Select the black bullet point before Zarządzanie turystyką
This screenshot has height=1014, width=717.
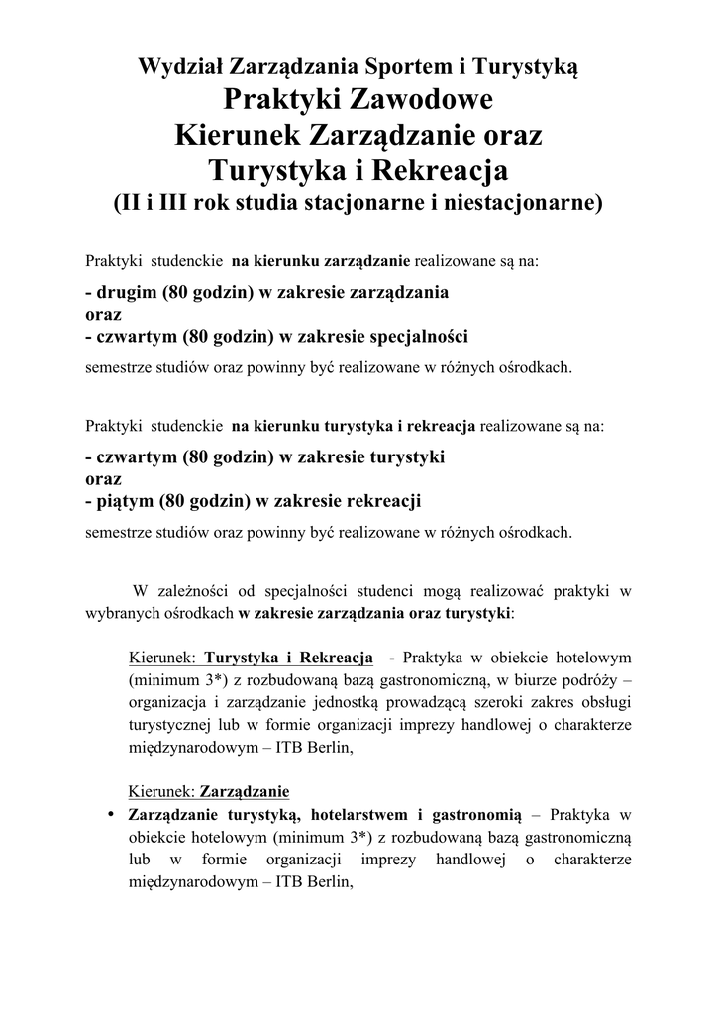click(111, 815)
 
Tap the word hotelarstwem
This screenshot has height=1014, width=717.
click(359, 816)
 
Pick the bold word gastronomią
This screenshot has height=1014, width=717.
click(472, 816)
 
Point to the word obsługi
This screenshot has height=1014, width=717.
click(606, 701)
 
